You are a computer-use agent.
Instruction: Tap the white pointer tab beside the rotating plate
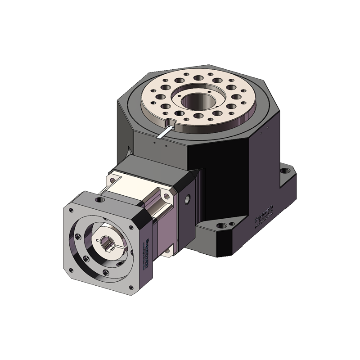click(164, 133)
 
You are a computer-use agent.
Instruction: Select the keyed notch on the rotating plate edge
click(170, 122)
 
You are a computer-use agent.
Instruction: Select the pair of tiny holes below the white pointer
click(160, 145)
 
